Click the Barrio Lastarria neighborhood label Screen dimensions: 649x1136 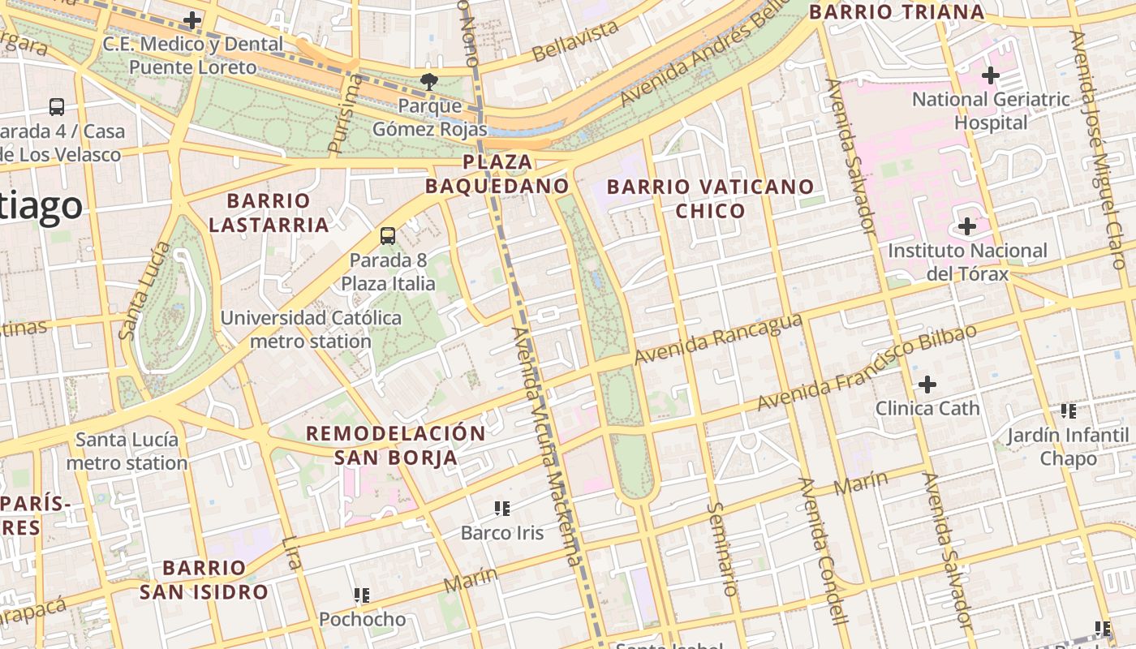click(269, 213)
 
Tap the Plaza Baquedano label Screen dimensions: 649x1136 click(497, 174)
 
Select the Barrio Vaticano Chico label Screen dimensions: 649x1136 click(710, 199)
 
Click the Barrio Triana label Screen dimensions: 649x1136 click(897, 12)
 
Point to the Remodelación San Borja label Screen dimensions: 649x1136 click(396, 445)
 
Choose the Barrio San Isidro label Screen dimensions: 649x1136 click(204, 579)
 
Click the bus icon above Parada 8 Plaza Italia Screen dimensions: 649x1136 click(388, 236)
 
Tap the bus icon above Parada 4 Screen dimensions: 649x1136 click(57, 106)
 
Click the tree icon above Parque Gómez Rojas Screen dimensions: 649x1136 click(428, 80)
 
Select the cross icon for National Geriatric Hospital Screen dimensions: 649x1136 click(990, 75)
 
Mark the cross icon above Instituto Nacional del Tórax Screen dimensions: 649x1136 click(966, 226)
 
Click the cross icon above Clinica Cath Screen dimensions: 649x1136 click(927, 384)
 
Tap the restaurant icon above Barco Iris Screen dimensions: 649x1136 click(502, 509)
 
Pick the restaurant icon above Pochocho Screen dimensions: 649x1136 click(362, 595)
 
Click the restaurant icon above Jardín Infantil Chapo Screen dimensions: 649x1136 click(1069, 411)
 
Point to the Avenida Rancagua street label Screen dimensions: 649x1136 click(718, 340)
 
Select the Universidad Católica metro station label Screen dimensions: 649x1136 click(311, 329)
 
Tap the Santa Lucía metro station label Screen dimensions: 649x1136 click(127, 452)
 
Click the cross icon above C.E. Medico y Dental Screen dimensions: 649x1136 click(192, 19)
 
